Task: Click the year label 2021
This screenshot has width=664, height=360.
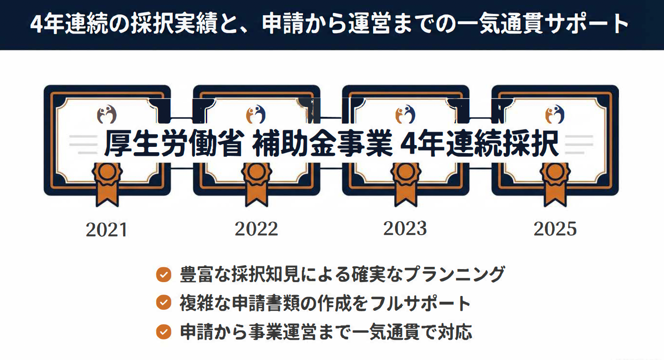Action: tap(106, 230)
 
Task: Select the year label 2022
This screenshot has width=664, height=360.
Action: tap(256, 229)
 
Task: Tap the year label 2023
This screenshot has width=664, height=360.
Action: tap(405, 228)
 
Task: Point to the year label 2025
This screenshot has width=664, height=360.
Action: tap(555, 229)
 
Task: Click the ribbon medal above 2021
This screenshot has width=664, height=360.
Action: tap(107, 181)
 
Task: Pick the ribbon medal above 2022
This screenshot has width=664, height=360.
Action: tap(256, 181)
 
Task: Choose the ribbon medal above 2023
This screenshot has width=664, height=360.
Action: tap(406, 181)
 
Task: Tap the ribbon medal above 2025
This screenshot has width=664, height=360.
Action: tap(555, 181)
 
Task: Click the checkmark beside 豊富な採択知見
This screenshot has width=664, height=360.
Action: tap(164, 274)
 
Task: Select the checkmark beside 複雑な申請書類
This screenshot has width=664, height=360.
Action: tap(164, 303)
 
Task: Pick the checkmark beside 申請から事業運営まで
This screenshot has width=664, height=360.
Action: tap(164, 332)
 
